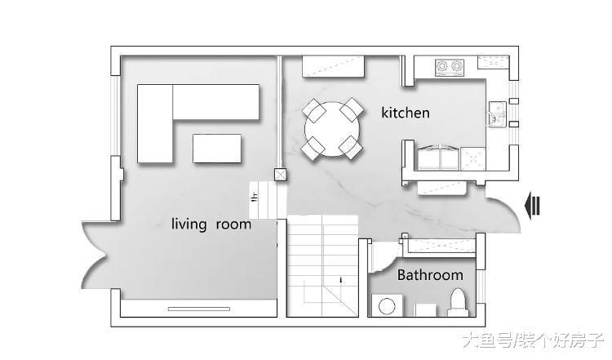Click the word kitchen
(x=406, y=113)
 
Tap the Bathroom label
(x=430, y=275)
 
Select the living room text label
(x=211, y=224)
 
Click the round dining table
(x=332, y=129)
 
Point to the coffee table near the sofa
(x=217, y=149)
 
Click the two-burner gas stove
(x=450, y=67)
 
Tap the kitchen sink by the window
(x=498, y=114)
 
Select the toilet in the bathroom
(x=458, y=303)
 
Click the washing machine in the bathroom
(x=387, y=305)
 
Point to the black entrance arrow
(x=533, y=206)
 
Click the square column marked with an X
(x=280, y=175)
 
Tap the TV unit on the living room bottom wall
(x=199, y=309)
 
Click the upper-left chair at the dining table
(x=314, y=110)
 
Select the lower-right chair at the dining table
(x=351, y=147)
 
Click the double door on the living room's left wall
(x=94, y=256)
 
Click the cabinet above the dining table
(x=333, y=67)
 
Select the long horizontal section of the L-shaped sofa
(x=216, y=102)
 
